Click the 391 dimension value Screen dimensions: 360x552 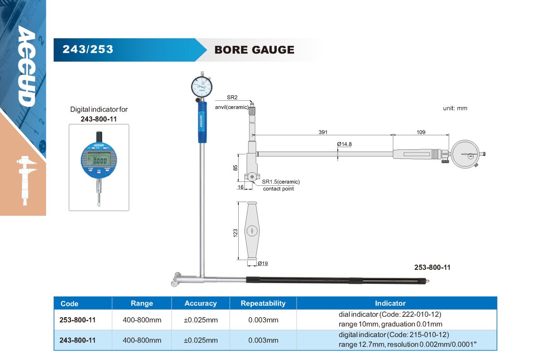323,132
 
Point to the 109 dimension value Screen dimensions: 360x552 421,132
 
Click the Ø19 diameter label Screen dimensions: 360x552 263,263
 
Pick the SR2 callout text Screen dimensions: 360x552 232,97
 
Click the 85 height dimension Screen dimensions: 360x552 235,168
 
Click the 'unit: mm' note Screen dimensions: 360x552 455,108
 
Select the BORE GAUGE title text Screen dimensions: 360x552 254,49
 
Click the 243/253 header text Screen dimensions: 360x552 88,49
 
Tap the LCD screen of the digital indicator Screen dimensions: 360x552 99,161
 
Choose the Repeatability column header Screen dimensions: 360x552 263,303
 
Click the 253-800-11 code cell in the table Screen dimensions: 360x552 77,320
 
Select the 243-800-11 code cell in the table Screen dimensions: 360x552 77,340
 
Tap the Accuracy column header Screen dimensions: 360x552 200,303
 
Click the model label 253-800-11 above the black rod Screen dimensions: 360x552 432,267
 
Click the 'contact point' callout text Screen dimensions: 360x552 278,189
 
